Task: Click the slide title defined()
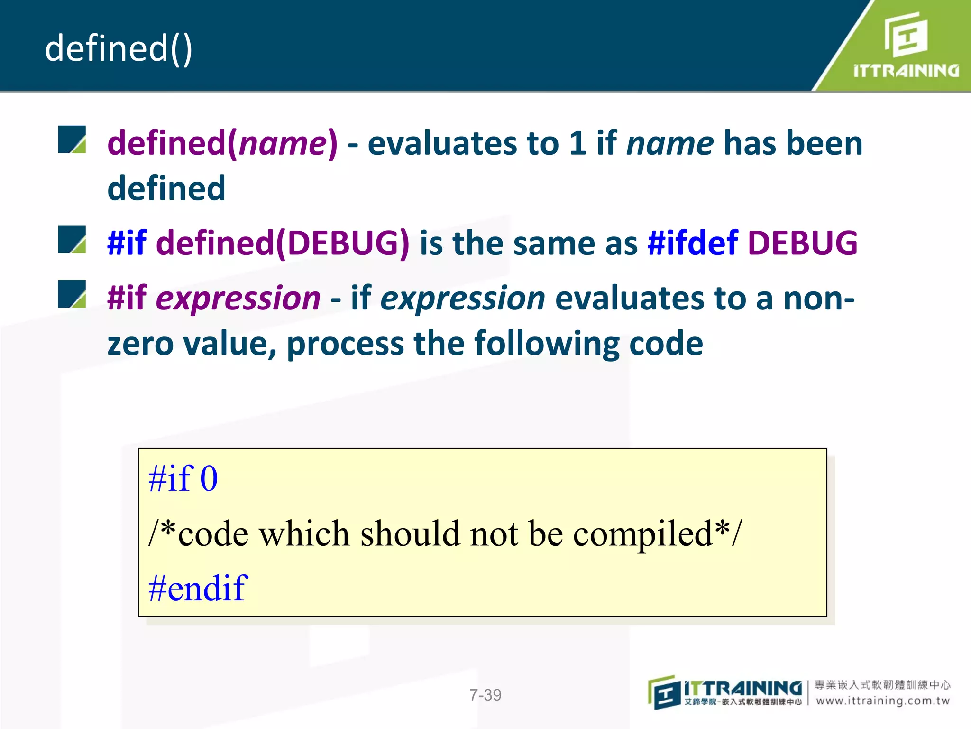pos(119,48)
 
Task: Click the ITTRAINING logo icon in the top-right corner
pos(906,34)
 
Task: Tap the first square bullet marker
pos(72,140)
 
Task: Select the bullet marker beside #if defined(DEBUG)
pos(72,240)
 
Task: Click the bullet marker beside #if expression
pos(72,294)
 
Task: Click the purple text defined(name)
pos(222,143)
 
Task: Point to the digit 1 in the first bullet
pos(577,143)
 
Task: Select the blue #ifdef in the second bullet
pos(693,243)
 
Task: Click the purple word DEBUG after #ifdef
pos(803,243)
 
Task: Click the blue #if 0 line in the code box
pos(183,478)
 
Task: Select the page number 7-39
pos(485,695)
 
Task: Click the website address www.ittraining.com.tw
pos(883,701)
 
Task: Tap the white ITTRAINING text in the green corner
pos(906,71)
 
